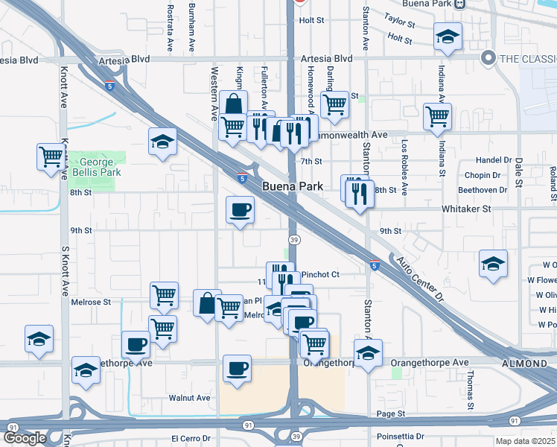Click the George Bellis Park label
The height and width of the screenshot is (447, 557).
[x=98, y=167]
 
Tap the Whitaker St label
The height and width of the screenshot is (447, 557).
[x=468, y=209]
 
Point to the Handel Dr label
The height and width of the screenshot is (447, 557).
[x=496, y=160]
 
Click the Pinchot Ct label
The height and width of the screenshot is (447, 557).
[x=319, y=274]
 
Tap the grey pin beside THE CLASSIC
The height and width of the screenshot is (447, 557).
[x=488, y=57]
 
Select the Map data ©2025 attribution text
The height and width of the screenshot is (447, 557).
[x=526, y=441]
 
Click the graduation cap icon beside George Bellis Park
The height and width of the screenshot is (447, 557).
[x=162, y=142]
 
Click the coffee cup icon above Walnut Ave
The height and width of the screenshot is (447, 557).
[x=238, y=368]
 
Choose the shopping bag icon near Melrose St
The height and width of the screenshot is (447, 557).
[x=207, y=303]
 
